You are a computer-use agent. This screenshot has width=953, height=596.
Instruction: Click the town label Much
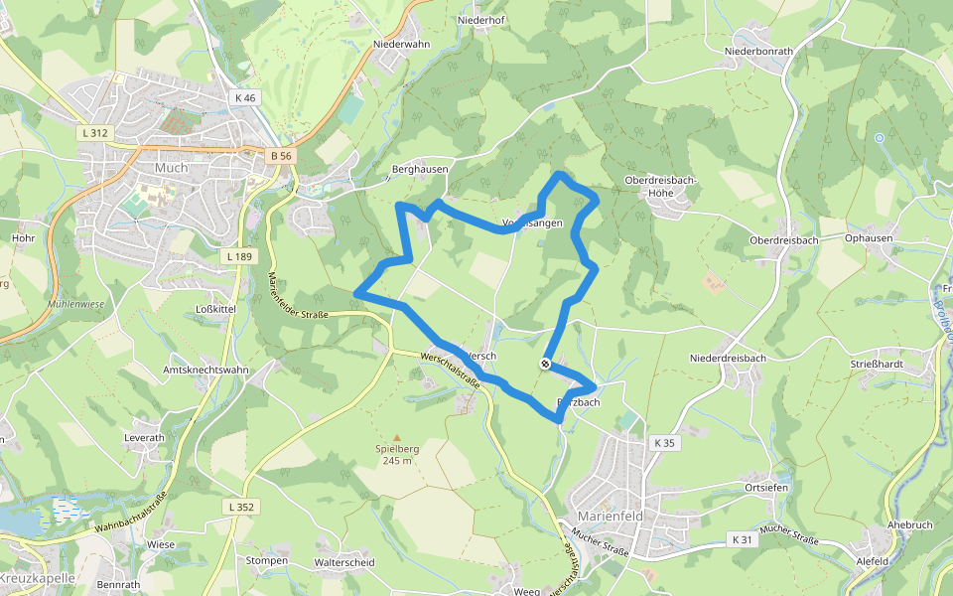(171, 168)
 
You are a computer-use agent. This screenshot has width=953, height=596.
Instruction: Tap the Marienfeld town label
(612, 517)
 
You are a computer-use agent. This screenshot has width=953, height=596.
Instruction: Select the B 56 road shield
(282, 156)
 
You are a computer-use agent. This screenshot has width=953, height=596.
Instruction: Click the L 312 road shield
(95, 132)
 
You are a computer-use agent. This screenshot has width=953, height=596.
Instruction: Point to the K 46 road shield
(244, 97)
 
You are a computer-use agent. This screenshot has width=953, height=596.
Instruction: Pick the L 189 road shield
(238, 257)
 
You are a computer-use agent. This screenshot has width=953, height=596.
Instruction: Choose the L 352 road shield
(241, 508)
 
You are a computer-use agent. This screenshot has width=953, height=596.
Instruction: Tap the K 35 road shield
(664, 442)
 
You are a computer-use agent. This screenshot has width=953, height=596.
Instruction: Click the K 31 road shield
(740, 539)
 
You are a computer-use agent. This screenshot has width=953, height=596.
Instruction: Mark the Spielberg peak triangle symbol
(397, 437)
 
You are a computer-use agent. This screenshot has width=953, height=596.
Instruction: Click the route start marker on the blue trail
(545, 364)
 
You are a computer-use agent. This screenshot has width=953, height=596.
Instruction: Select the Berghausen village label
(420, 170)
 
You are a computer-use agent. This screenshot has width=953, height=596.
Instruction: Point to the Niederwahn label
(401, 45)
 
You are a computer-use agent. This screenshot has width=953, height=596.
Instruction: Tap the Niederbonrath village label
(759, 51)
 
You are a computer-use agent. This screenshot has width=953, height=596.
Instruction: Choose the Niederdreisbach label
(728, 358)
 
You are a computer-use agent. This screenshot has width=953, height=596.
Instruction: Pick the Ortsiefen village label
(766, 488)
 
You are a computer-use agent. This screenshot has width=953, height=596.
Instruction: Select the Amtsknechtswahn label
(204, 370)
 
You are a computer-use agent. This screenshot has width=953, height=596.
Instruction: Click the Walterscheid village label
(343, 562)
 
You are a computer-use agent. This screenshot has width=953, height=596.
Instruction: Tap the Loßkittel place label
(215, 309)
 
